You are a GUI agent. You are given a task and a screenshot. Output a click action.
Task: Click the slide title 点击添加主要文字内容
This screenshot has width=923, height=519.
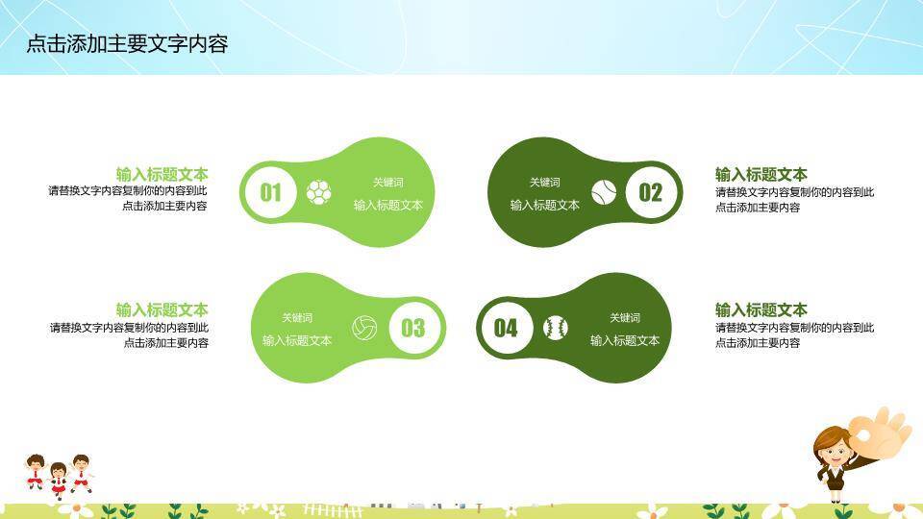tap(127, 44)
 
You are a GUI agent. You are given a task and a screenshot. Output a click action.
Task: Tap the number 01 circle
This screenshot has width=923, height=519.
tap(271, 192)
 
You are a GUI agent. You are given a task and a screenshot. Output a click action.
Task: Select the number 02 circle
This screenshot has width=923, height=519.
tap(651, 192)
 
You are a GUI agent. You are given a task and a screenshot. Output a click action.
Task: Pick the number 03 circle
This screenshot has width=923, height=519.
tap(412, 328)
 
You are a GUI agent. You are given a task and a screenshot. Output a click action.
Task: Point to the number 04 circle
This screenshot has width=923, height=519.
tap(506, 328)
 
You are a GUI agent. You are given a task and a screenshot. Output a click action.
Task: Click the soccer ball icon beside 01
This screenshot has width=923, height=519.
tap(318, 192)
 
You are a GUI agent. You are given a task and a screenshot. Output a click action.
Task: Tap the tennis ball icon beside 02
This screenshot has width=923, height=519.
tap(604, 192)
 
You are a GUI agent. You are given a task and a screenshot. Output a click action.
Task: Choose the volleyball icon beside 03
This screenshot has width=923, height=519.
tap(364, 328)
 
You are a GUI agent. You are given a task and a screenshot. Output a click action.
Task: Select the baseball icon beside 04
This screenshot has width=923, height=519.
tap(555, 328)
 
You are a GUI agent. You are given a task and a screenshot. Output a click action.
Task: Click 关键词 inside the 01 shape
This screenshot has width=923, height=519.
tap(388, 183)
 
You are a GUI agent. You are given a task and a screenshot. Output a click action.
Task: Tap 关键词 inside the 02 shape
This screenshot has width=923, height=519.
tap(544, 183)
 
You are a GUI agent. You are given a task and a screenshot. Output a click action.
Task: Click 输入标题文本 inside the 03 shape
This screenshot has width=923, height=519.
tap(297, 340)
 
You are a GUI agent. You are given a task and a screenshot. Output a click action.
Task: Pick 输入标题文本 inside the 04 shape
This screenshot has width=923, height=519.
tap(625, 340)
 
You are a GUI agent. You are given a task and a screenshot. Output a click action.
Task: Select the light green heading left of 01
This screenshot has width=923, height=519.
tap(162, 174)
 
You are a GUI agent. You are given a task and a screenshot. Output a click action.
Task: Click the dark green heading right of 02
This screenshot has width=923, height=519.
tap(761, 174)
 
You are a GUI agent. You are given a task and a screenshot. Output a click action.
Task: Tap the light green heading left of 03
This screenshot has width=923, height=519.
tap(162, 309)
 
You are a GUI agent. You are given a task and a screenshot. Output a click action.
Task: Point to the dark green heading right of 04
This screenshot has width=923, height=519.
tap(761, 309)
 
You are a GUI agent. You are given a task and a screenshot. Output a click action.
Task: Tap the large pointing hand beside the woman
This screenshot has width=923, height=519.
tap(884, 432)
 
